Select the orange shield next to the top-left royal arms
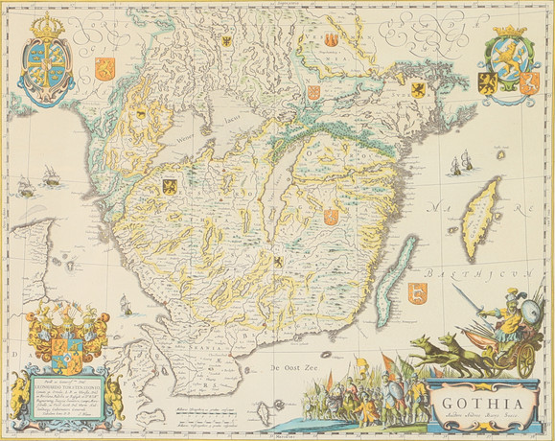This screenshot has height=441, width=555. pyautogui.click(x=105, y=67)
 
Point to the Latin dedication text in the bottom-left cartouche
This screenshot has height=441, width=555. pyautogui.click(x=62, y=395)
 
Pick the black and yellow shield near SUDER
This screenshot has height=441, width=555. pyautogui.click(x=418, y=89)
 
